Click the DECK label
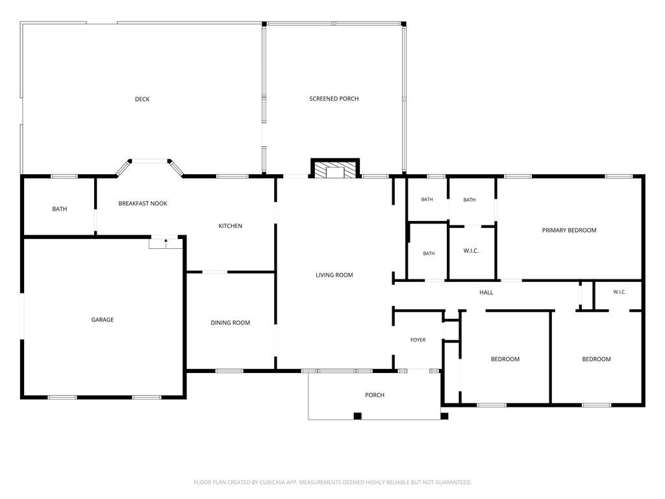click(x=142, y=99)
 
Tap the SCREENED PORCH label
click(x=334, y=99)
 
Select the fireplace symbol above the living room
click(x=335, y=168)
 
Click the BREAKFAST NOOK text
click(x=142, y=203)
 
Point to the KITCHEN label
click(x=231, y=226)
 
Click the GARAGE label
click(x=102, y=320)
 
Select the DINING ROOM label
click(x=231, y=323)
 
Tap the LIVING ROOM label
click(x=334, y=275)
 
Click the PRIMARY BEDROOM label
click(x=569, y=231)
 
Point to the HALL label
click(x=486, y=292)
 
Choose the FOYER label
click(x=418, y=340)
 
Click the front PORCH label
click(x=375, y=395)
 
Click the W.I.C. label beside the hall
click(x=619, y=292)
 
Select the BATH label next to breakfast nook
click(x=59, y=209)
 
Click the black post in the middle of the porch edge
click(x=358, y=416)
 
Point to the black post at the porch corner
click(x=444, y=416)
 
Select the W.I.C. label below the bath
click(x=471, y=251)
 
